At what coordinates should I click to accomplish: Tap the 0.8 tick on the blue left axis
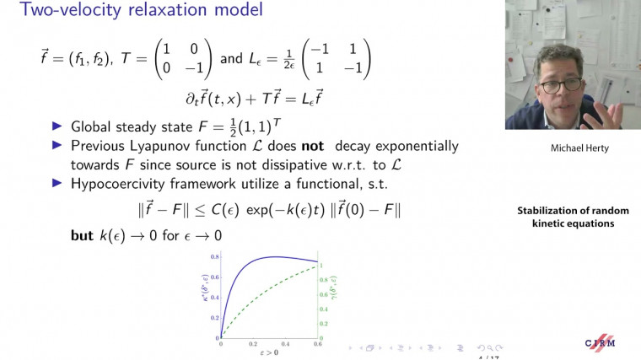pyautogui.click(x=215, y=256)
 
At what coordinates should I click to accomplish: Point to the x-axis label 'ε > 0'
pyautogui.click(x=268, y=353)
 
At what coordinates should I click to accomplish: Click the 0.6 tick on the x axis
pyautogui.click(x=316, y=345)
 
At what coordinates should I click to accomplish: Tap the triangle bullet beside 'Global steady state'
pyautogui.click(x=57, y=126)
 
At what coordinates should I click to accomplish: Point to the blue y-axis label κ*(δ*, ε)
pyautogui.click(x=206, y=295)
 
